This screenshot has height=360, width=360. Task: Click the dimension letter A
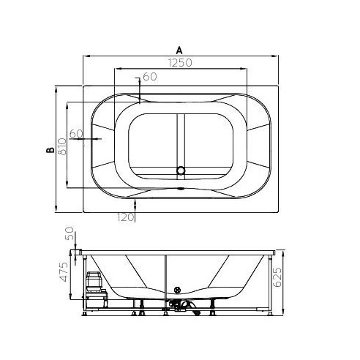pyautogui.click(x=179, y=50)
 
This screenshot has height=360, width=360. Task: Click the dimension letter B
pyautogui.click(x=50, y=150)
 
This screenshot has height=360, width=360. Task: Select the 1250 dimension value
pyautogui.click(x=180, y=63)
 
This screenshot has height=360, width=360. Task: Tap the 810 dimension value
pyautogui.click(x=62, y=147)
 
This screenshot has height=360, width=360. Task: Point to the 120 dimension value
pyautogui.click(x=125, y=217)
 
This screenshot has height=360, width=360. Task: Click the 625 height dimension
pyautogui.click(x=277, y=277)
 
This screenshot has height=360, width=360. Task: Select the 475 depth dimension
pyautogui.click(x=64, y=272)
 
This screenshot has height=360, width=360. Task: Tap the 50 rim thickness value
pyautogui.click(x=70, y=233)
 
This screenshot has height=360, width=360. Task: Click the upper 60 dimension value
pyautogui.click(x=150, y=77)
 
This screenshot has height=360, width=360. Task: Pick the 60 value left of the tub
pyautogui.click(x=76, y=134)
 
